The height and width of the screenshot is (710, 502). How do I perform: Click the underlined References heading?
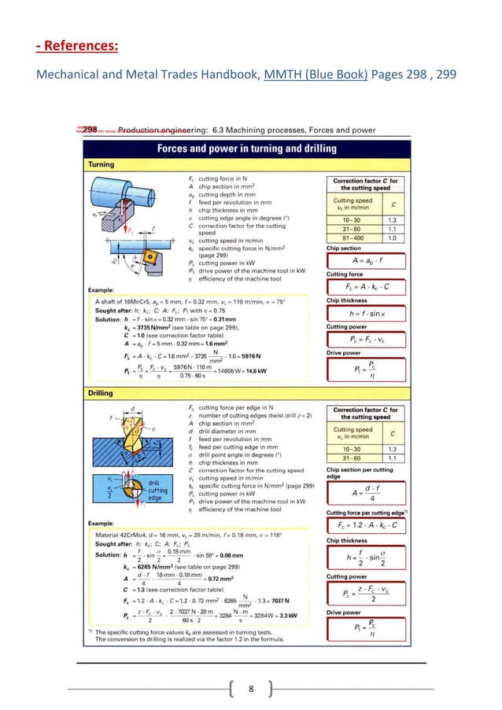[76, 46]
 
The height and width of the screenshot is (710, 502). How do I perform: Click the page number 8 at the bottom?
[250, 690]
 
